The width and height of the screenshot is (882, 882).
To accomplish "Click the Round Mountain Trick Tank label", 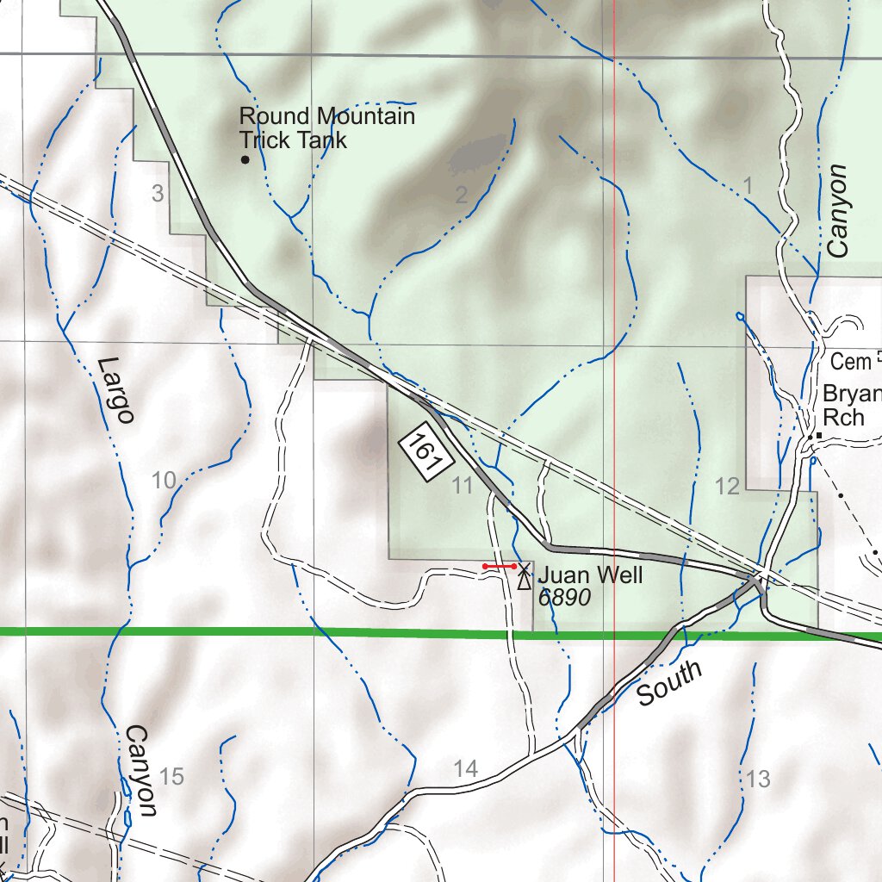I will pos(327,127).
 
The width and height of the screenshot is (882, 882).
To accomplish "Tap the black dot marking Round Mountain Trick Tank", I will pos(245,160).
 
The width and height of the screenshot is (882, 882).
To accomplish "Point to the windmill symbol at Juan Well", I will pos(523,575).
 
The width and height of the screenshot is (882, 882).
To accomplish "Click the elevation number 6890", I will pos(564,598).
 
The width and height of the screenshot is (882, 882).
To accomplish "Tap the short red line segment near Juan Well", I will pos(500,566).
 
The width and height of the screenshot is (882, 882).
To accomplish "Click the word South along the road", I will pos(670,684).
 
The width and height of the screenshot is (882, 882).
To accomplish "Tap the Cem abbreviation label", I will pos(851,362).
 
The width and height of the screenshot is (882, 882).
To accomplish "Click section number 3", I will pos(158,194).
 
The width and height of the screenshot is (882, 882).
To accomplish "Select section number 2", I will pos(462,196).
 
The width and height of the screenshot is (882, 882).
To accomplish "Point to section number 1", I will pos(748,184).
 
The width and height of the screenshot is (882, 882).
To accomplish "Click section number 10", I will pos(164,481).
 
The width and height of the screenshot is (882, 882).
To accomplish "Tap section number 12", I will pos(728,487).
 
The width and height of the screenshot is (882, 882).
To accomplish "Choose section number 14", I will pos(466,770).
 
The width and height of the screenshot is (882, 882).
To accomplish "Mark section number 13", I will pos(759,780).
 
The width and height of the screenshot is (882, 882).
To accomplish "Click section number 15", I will pos(171,777).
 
